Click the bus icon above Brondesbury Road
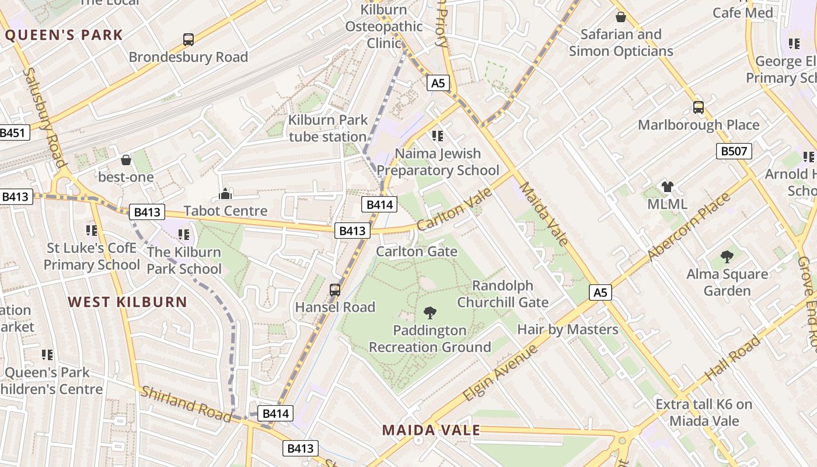[188, 40]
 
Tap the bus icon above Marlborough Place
[699, 107]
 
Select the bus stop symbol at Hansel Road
[335, 290]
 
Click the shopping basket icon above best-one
[126, 160]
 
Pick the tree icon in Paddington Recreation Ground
[430, 313]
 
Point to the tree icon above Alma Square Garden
[727, 257]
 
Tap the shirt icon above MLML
[668, 187]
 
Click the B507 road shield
[734, 152]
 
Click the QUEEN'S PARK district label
[64, 35]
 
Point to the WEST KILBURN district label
[127, 302]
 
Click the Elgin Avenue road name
[500, 374]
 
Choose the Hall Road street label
[733, 357]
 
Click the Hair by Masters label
[568, 329]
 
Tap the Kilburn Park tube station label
[328, 128]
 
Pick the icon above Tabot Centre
[225, 194]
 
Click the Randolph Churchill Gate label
[502, 294]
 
